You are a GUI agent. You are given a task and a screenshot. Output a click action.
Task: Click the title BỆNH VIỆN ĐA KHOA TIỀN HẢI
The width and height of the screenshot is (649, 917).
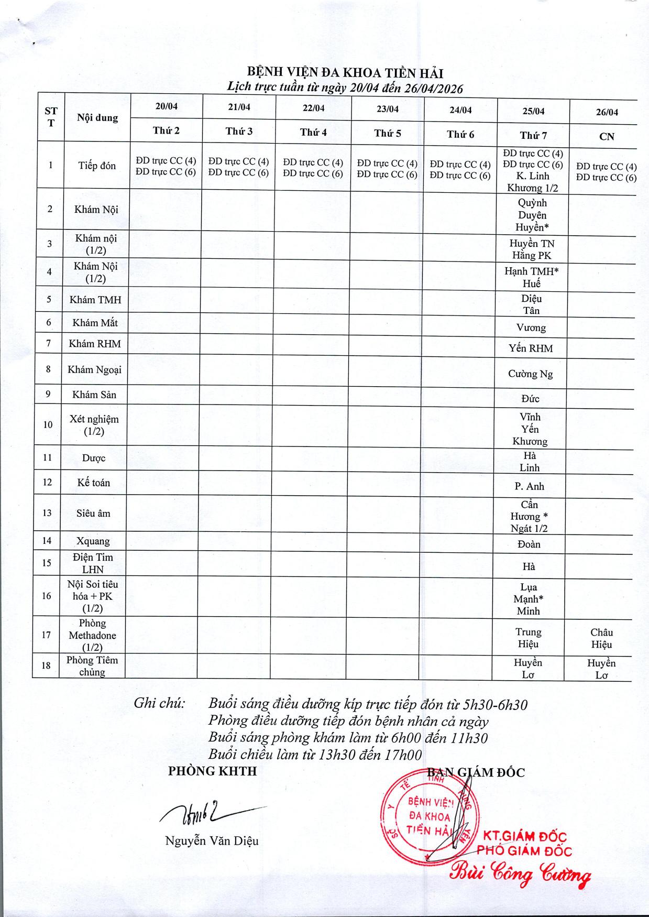click(345, 73)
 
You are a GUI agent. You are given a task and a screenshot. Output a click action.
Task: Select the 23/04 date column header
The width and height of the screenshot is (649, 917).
click(387, 109)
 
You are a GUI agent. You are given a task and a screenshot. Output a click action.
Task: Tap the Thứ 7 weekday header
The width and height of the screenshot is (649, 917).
click(533, 136)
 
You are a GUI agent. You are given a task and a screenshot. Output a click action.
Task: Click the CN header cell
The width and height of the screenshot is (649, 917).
click(607, 137)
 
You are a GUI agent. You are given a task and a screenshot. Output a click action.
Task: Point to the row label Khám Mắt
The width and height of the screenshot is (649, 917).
click(95, 323)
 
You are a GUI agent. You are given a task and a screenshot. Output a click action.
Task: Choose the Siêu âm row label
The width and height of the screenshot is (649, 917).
click(93, 514)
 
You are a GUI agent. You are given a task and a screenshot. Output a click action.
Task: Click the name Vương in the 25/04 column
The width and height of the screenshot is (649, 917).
click(531, 328)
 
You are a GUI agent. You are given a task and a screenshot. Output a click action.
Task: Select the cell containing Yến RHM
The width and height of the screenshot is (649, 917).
click(531, 348)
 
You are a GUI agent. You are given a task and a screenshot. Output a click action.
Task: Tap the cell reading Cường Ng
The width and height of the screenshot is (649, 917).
click(530, 374)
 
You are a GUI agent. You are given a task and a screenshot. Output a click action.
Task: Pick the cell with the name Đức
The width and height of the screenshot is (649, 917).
click(530, 399)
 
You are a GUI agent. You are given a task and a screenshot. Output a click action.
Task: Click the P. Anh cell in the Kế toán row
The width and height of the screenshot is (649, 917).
click(529, 486)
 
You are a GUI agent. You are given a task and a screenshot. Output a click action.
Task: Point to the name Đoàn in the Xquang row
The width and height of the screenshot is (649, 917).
click(529, 544)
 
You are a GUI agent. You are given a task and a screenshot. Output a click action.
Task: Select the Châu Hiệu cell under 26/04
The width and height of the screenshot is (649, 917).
click(601, 639)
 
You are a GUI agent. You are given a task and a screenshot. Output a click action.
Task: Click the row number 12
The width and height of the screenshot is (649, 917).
click(48, 482)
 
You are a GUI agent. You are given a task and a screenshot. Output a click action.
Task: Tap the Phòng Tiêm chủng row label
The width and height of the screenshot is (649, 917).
click(92, 666)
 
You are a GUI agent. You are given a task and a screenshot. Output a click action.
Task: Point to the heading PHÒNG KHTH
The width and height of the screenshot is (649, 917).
click(212, 771)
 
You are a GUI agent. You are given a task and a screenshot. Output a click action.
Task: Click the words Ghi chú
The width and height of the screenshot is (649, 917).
click(160, 703)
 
